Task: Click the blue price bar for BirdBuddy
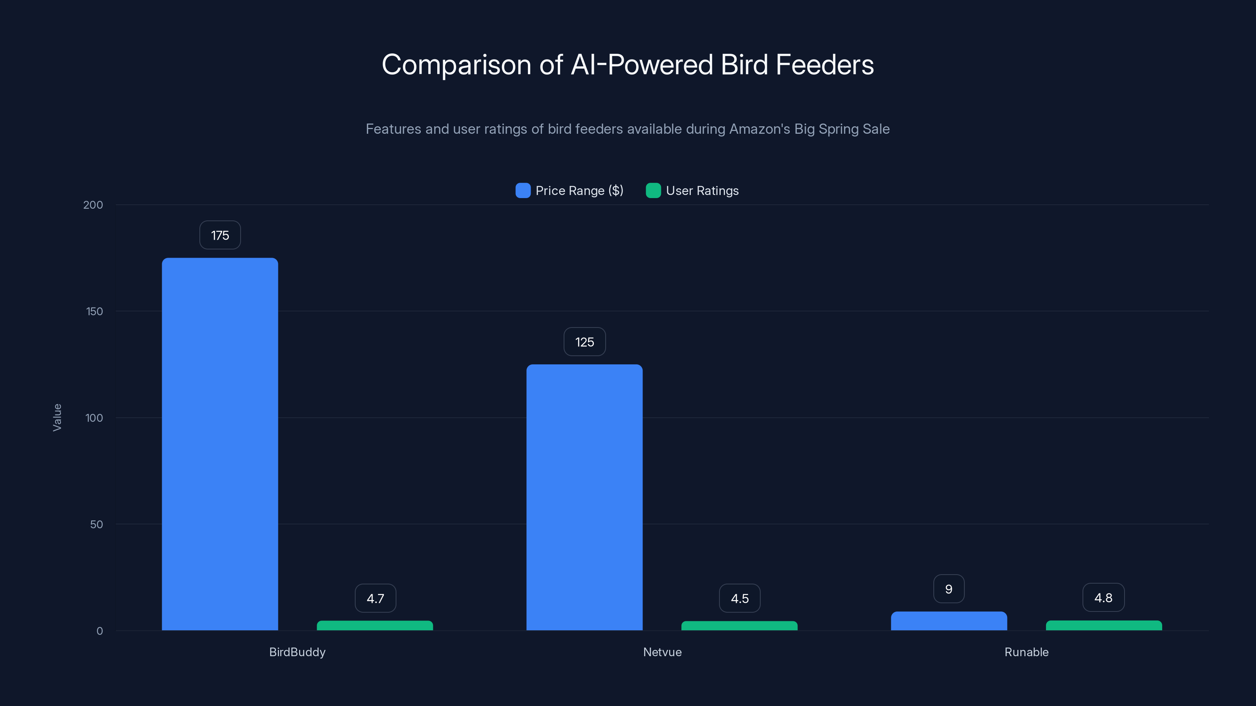(x=220, y=443)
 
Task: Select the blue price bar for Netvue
(x=584, y=497)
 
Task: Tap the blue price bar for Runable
(x=948, y=621)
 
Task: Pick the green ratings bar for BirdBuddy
(x=374, y=625)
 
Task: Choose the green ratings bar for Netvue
(x=739, y=626)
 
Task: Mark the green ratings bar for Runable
(x=1103, y=625)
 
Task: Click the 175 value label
(x=220, y=235)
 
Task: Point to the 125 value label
(x=584, y=342)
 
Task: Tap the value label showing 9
(x=948, y=589)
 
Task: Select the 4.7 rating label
(x=375, y=598)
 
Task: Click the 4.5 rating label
(x=739, y=598)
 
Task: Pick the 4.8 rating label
(x=1103, y=598)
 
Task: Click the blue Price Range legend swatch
(x=523, y=191)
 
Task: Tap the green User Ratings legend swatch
(x=653, y=191)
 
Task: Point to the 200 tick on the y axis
(x=93, y=205)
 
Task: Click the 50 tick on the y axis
(x=96, y=524)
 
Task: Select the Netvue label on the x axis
(x=662, y=652)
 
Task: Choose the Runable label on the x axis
(x=1026, y=652)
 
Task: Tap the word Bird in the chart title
(x=744, y=65)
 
